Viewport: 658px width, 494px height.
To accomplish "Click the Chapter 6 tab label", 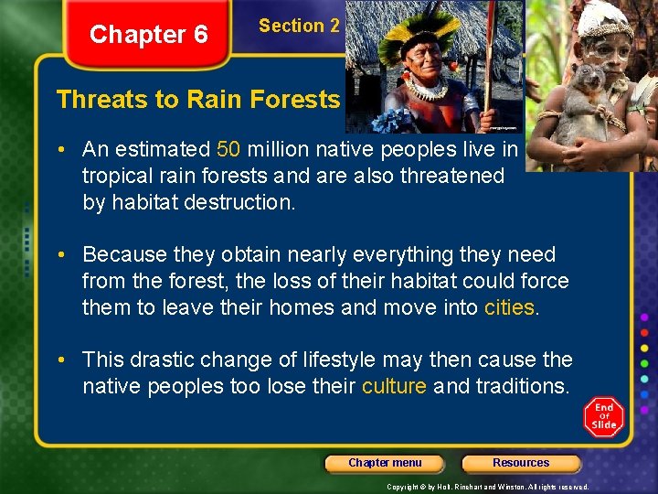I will click(148, 35).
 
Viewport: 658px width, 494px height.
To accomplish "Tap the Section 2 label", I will click(299, 26).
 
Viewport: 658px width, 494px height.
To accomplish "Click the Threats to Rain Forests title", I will click(197, 99).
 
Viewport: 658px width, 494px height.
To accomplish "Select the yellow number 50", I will click(229, 149).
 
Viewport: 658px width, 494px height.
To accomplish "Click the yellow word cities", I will click(509, 307).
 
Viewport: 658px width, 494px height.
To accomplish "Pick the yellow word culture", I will click(394, 386).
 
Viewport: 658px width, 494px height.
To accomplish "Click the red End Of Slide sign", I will click(604, 417).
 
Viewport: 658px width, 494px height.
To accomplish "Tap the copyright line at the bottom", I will click(487, 487).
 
